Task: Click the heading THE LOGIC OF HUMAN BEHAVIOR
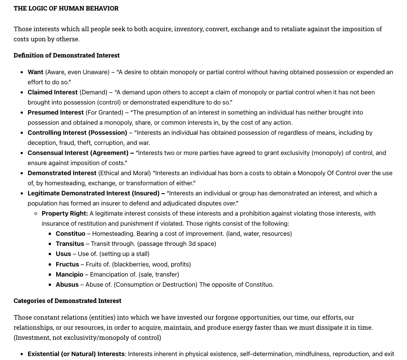(x=66, y=8)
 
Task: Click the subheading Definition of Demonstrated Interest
(x=66, y=55)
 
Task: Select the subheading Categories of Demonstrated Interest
(x=67, y=301)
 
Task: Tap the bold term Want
(x=36, y=72)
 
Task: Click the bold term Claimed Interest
(x=53, y=92)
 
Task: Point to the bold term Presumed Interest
(x=55, y=112)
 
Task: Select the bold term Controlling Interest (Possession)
(x=77, y=133)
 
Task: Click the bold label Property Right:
(x=65, y=213)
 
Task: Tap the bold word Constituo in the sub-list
(x=70, y=234)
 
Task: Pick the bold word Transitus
(x=70, y=244)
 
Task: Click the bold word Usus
(x=63, y=254)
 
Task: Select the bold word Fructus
(x=67, y=264)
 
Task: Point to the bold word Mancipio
(x=69, y=274)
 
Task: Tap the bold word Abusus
(x=67, y=284)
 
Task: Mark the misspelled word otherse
(x=68, y=39)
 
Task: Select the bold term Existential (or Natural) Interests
(x=76, y=354)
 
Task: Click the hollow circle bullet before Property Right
(x=36, y=214)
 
